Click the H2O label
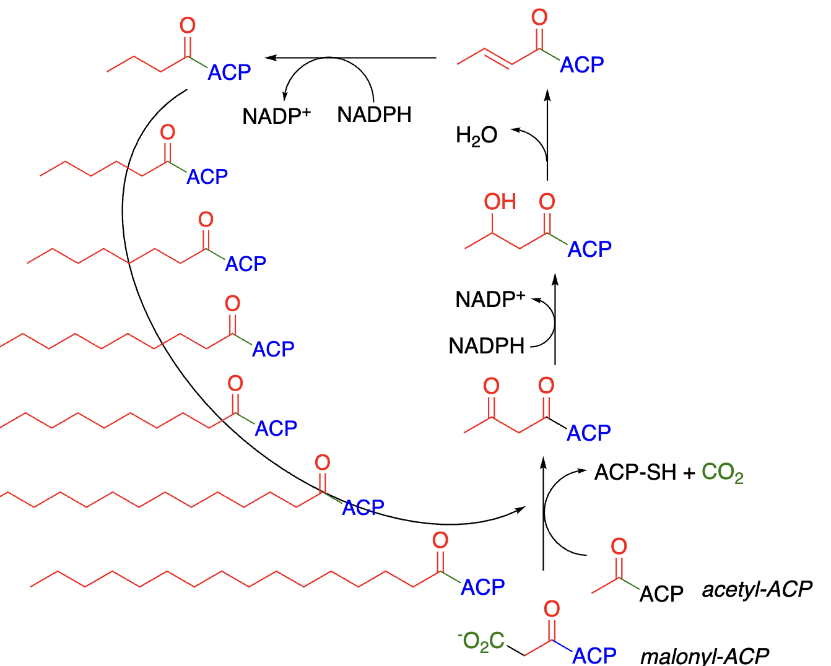click(476, 136)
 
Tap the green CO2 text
click(722, 474)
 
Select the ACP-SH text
click(635, 473)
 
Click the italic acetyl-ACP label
click(757, 589)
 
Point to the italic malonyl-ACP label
click(704, 655)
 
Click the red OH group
click(500, 202)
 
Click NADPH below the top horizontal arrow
click(374, 115)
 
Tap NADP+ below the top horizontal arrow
click(276, 116)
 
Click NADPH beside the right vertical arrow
click(487, 346)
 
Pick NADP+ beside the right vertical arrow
click(490, 300)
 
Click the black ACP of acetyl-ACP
click(661, 594)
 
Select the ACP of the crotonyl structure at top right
click(581, 65)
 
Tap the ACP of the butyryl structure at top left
click(229, 73)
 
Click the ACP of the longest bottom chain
click(482, 587)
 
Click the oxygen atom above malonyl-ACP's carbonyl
click(552, 609)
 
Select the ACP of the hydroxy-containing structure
click(590, 249)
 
